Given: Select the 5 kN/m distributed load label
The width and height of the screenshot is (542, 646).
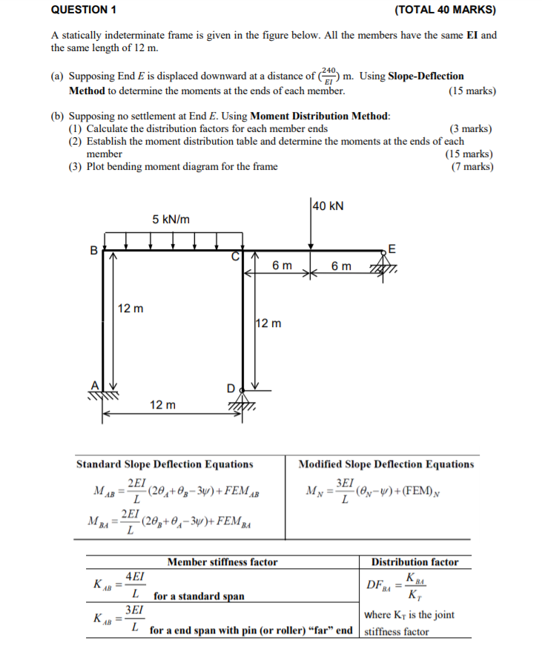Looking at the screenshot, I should coord(171,219).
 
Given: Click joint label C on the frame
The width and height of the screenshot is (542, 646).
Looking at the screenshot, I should coord(237,257).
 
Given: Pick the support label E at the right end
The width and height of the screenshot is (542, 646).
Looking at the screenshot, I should coord(392,248).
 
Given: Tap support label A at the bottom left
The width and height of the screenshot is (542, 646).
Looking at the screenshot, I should coord(94,384).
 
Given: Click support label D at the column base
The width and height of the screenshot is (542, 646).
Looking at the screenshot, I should coord(231,388).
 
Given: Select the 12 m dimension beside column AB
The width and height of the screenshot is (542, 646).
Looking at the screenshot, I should coord(131,308).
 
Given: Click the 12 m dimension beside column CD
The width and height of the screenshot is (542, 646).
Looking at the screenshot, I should coord(268,323).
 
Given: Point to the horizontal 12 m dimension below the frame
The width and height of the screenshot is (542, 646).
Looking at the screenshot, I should coord(162,405).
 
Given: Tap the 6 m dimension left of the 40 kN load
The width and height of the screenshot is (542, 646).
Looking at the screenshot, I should coord(282,266).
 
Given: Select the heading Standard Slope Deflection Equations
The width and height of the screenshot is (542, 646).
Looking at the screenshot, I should coord(165,464).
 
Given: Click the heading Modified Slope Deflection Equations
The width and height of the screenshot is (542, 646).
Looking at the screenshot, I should coord(386,464).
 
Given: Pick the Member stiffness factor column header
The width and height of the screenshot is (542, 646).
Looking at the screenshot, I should coord(222,562).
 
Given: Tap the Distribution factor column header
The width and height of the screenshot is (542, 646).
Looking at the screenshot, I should coord(414,562).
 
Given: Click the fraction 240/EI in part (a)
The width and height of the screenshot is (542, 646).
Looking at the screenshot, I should coord(329,76).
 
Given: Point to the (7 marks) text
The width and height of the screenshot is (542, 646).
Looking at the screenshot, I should coord(472,166).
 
